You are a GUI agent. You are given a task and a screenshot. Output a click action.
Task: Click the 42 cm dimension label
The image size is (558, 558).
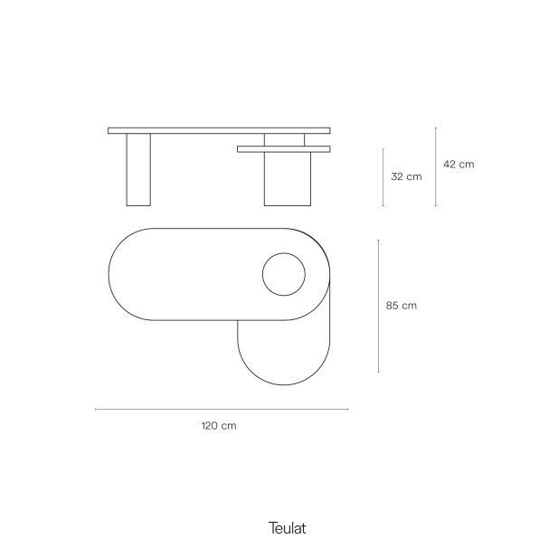pos(459,164)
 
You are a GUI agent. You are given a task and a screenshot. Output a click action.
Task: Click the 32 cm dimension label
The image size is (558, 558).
pos(406,176)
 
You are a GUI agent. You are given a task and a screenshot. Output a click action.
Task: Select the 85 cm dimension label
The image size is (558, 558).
pos(401,306)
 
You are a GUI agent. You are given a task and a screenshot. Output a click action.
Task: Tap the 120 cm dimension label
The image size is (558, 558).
pos(219,426)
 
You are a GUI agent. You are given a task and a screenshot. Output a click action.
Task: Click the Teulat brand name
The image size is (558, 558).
pos(288,528)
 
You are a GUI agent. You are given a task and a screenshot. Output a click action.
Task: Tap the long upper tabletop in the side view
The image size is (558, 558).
pos(219,130)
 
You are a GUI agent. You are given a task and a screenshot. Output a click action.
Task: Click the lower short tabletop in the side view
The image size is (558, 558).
pos(284,149)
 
